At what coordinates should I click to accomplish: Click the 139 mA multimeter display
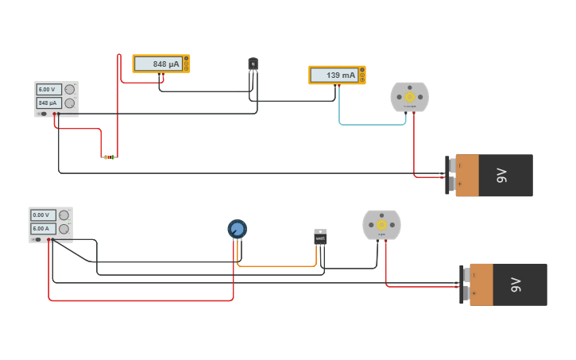point(334,75)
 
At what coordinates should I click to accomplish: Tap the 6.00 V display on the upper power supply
point(49,90)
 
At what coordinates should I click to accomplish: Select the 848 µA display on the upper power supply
point(49,103)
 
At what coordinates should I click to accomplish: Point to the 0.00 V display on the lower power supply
point(43,215)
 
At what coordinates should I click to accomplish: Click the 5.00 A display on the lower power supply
point(43,229)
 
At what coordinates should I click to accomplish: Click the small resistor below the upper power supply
point(109,157)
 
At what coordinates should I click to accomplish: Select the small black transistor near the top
point(253,64)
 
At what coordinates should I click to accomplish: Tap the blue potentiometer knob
point(237,229)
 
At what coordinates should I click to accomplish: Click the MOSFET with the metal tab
point(320,237)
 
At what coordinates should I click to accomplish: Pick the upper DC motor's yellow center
point(409,96)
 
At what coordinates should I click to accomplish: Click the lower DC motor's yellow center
point(381,225)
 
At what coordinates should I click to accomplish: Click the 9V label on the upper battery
point(502,176)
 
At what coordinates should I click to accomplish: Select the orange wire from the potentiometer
point(278,265)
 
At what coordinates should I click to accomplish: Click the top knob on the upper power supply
point(70,90)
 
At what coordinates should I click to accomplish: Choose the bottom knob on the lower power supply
point(64,229)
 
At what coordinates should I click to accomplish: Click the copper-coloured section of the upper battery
point(467,176)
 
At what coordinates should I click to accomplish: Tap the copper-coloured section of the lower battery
point(481,285)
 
